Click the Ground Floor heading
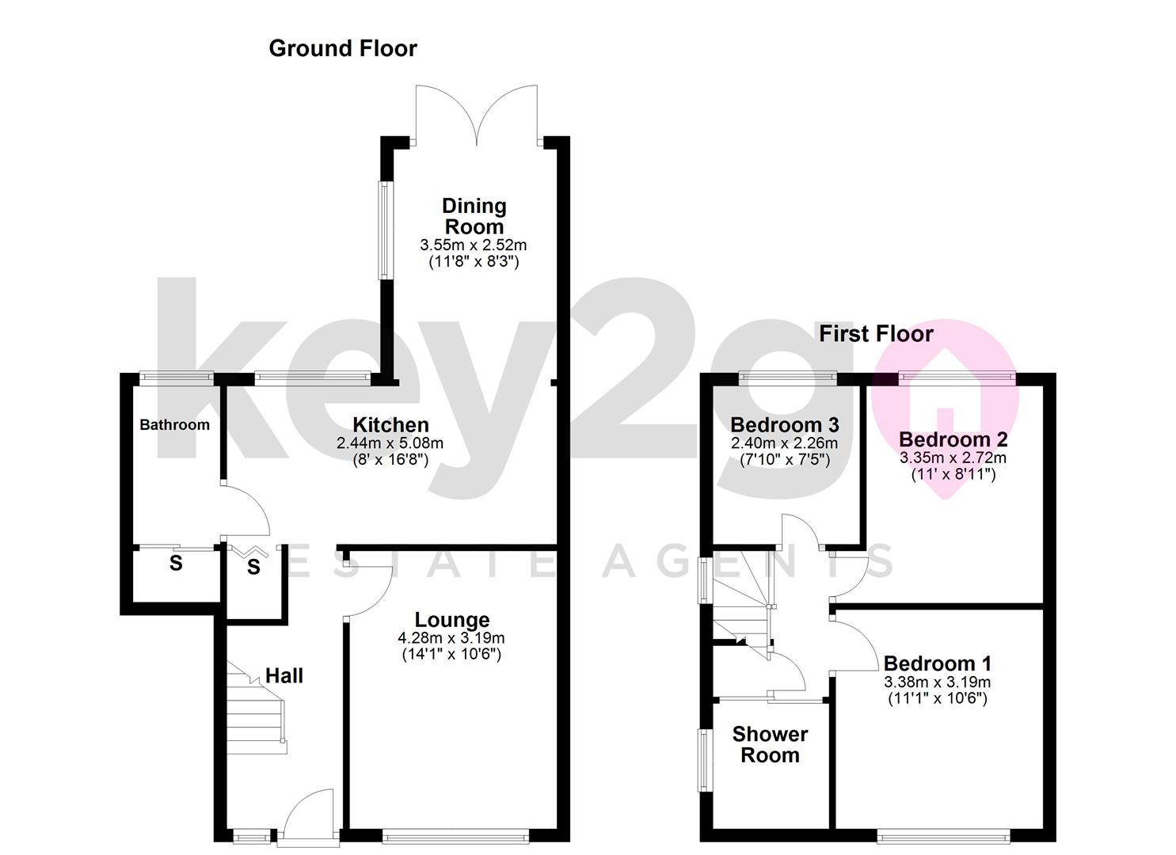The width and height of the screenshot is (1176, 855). click(342, 49)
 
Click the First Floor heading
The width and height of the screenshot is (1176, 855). click(876, 334)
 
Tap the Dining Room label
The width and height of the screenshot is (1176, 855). click(474, 216)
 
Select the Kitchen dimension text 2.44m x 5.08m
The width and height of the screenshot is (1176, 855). click(390, 443)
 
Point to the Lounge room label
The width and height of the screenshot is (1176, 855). click(452, 620)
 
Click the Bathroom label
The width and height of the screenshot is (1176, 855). click(175, 424)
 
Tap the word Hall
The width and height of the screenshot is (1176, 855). click(284, 675)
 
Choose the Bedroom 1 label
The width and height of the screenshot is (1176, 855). click(938, 663)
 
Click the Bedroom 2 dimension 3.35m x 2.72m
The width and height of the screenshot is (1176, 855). click(953, 458)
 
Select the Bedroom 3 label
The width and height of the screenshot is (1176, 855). click(785, 424)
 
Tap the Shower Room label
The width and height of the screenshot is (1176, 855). click(771, 744)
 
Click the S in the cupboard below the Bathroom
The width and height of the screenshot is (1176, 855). click(176, 563)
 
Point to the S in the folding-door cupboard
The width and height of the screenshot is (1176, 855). click(253, 567)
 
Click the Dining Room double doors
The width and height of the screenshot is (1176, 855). click(477, 116)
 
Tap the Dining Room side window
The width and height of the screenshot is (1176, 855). click(386, 230)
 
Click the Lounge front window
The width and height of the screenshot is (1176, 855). click(455, 836)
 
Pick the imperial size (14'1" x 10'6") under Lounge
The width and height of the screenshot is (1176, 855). click(451, 655)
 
